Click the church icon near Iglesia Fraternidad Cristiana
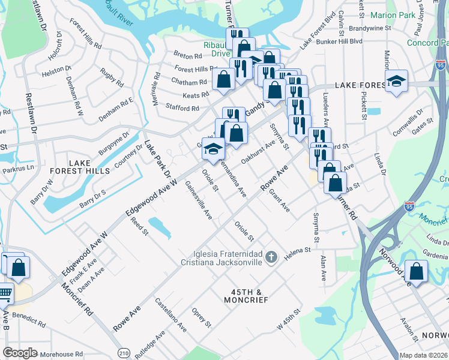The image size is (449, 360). click(271, 257)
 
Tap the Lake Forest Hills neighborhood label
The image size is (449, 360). click(89, 167)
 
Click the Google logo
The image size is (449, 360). click(20, 352)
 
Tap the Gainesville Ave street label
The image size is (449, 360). click(199, 200)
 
